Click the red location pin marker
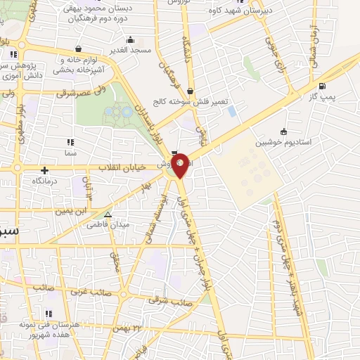[181, 164]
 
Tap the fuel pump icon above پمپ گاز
[322, 86]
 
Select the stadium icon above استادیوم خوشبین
[283, 131]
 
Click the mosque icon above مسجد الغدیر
[130, 40]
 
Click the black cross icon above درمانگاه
[45, 169]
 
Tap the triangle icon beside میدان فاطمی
[108, 214]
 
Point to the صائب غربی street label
[84, 289]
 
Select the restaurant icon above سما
[69, 143]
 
